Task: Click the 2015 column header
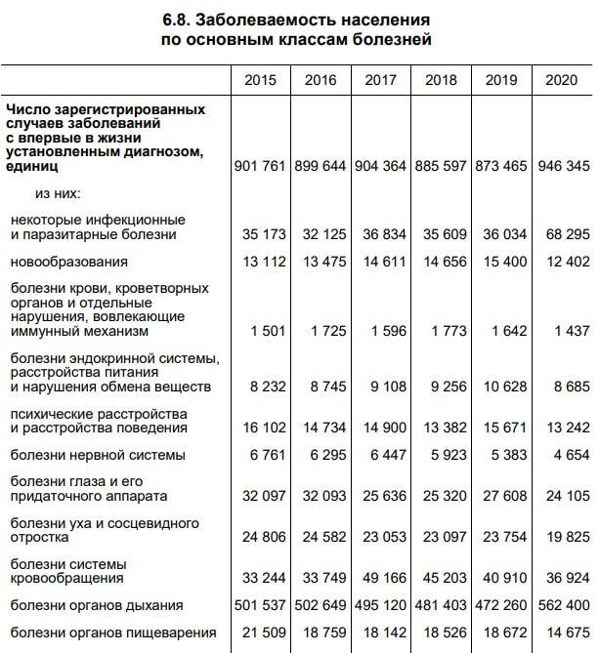[x=260, y=80]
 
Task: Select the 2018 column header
[x=441, y=80]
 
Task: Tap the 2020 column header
[x=561, y=80]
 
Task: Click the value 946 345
[x=563, y=166]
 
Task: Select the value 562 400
[x=563, y=606]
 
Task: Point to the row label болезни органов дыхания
[x=98, y=606]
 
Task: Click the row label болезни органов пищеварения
[x=112, y=633]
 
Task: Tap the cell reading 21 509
[x=264, y=633]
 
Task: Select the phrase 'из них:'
[x=58, y=194]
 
